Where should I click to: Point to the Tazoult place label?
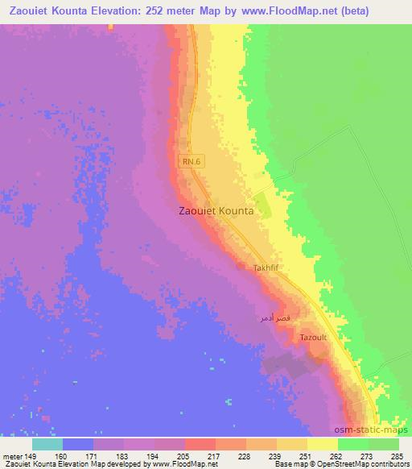313,338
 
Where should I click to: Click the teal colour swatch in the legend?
47,444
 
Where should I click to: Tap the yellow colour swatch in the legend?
323,444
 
